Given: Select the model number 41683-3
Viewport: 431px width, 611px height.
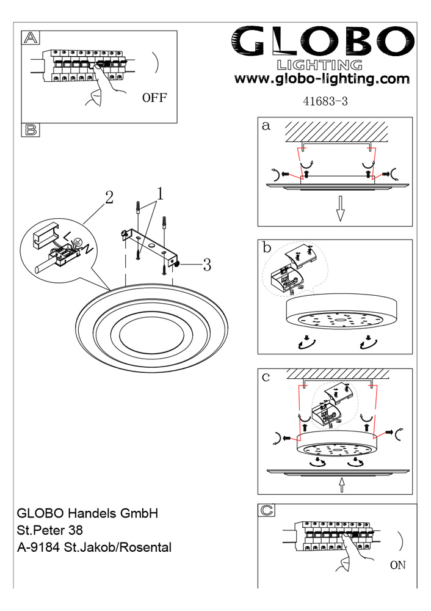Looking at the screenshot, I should coord(325,102).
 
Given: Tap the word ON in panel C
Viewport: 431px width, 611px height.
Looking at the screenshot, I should coord(397,565).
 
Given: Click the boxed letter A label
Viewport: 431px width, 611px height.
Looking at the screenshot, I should coord(31,38).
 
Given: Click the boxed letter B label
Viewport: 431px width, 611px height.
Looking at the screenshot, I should coord(31,130).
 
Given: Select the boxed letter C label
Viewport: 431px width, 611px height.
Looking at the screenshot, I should coord(267,510).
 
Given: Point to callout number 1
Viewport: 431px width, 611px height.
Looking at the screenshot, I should coord(160,194).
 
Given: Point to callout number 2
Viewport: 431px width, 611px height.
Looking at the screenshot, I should coord(109,197).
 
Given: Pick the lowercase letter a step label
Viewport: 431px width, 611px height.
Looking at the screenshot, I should coord(266,126).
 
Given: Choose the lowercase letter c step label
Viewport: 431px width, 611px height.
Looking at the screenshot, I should coord(266,377).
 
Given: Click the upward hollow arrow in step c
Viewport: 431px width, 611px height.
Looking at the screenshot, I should coord(341,485).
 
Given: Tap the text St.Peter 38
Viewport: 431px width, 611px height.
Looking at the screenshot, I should coord(50,529).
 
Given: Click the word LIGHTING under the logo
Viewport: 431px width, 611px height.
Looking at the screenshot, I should coord(320,64).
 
